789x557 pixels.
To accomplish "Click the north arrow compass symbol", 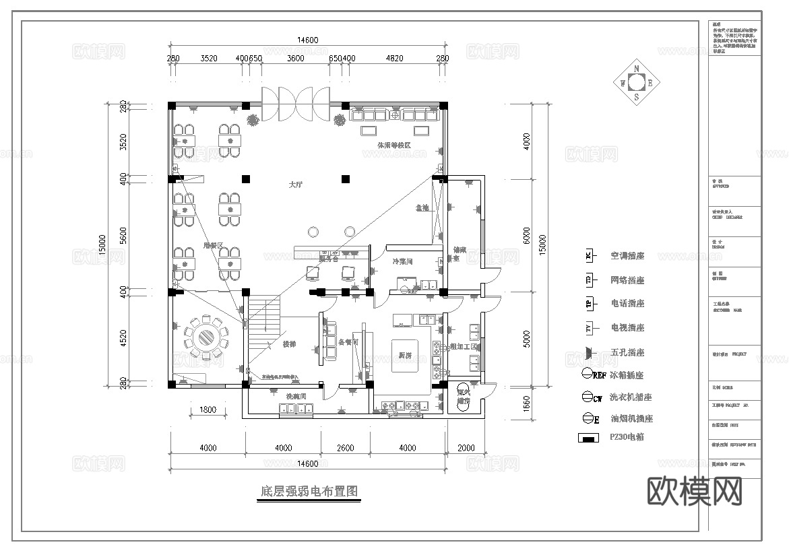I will [x=636, y=82].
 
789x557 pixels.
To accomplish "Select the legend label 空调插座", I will [x=627, y=256].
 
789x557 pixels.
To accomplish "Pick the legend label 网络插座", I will [x=627, y=280].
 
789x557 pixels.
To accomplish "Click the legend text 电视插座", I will [x=627, y=328].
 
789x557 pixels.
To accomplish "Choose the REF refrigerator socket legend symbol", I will [x=588, y=374].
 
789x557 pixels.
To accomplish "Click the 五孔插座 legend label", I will [x=627, y=352].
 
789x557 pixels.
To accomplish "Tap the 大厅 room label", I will [x=295, y=185].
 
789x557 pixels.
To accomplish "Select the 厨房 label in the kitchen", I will [x=404, y=355].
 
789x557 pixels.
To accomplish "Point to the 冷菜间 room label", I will [x=402, y=261].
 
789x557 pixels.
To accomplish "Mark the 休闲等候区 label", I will [x=394, y=145].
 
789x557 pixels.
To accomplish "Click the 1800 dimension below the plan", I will [x=208, y=409].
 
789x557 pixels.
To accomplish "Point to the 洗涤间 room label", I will [x=296, y=396].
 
